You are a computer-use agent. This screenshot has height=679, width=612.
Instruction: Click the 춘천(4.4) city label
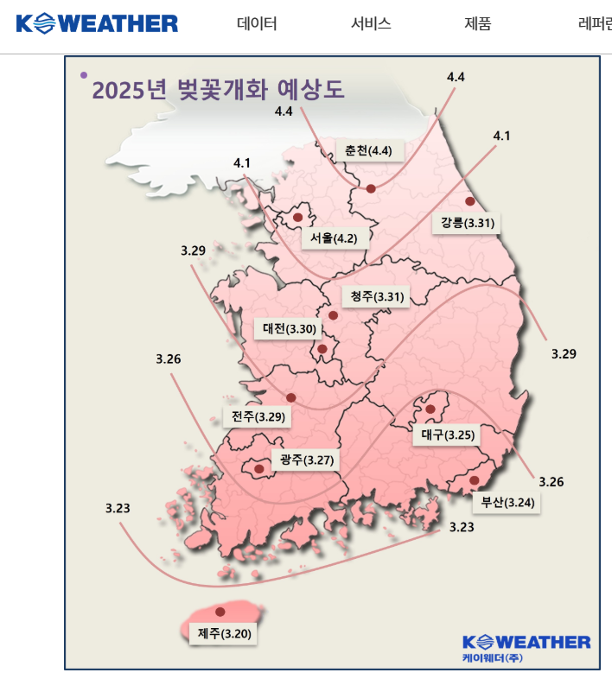click(x=368, y=150)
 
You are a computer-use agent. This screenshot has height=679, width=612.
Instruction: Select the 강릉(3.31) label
click(x=466, y=223)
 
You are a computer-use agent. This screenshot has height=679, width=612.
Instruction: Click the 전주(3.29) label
click(x=253, y=416)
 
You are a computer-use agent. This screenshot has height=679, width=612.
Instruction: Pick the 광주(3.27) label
click(x=303, y=460)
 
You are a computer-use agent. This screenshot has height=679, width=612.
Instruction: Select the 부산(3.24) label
click(x=506, y=502)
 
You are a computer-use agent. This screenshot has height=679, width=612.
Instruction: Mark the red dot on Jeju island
click(x=220, y=612)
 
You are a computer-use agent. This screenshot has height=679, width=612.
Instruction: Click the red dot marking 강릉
click(x=470, y=201)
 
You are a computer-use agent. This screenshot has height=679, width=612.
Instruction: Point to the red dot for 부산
click(x=474, y=480)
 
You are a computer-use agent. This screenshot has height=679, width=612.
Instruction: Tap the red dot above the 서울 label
click(x=297, y=218)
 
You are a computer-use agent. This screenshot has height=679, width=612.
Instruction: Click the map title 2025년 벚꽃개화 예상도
click(x=218, y=90)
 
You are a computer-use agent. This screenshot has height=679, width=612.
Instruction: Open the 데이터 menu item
click(x=257, y=23)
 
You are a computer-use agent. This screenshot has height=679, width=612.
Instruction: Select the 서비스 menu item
click(x=371, y=23)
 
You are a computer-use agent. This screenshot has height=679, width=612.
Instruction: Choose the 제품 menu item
click(x=477, y=23)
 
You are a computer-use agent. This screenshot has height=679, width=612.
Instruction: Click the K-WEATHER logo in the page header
click(x=97, y=23)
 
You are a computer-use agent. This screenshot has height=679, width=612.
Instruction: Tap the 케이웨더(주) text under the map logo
click(x=492, y=658)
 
